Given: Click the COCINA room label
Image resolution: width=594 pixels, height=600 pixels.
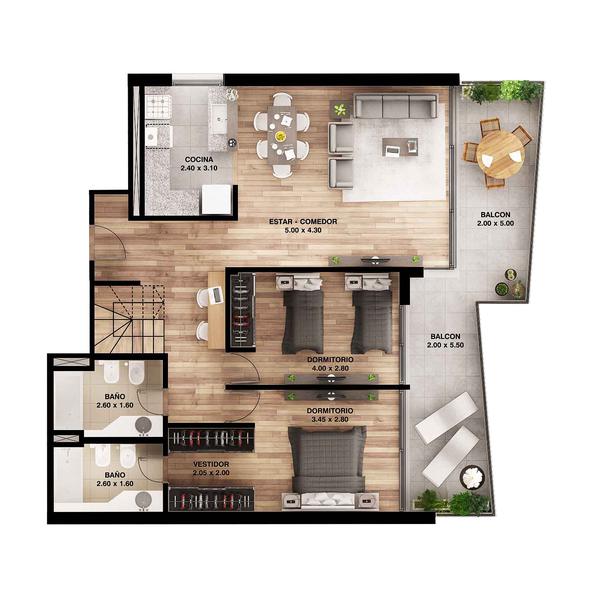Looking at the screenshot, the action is click(x=199, y=160).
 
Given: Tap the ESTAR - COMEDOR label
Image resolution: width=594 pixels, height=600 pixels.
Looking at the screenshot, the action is click(x=303, y=222).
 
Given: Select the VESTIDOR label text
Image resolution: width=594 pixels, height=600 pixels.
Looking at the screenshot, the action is click(x=211, y=464).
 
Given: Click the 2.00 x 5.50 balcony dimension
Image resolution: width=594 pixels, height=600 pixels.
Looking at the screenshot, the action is click(x=445, y=345).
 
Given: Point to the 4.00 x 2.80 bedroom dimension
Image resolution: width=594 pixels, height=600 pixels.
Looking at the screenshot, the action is click(x=330, y=368).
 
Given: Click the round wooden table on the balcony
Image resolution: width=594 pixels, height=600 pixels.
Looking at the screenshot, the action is click(x=500, y=154).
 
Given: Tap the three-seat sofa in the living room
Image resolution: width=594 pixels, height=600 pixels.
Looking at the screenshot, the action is click(x=395, y=105).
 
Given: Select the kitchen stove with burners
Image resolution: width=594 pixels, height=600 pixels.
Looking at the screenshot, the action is click(x=158, y=106).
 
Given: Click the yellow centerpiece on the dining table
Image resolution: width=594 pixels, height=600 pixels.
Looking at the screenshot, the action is click(x=280, y=135).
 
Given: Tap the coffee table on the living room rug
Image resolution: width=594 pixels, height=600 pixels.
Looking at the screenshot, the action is click(x=400, y=147).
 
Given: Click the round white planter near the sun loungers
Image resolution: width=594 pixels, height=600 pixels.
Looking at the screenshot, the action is click(x=472, y=478).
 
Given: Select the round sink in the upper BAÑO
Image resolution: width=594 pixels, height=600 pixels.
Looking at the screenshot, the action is click(x=143, y=424).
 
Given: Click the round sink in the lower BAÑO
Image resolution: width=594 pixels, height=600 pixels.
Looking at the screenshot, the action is click(x=143, y=500).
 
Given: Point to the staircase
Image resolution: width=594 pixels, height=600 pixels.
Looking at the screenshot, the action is click(x=129, y=318).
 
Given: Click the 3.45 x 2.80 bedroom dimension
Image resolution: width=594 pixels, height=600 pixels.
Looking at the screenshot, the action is click(x=330, y=419).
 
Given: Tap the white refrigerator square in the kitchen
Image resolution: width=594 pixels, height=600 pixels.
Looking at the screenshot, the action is click(x=216, y=199).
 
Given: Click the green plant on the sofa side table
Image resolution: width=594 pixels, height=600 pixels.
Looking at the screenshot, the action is click(x=339, y=110).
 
